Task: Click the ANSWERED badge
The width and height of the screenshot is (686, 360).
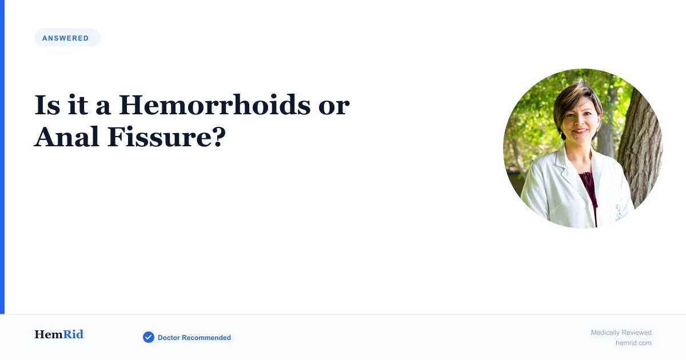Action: [x=67, y=38]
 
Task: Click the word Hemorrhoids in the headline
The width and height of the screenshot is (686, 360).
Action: [x=214, y=105]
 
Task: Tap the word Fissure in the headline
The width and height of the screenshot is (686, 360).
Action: [x=159, y=137]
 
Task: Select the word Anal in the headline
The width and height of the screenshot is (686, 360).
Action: [x=67, y=137]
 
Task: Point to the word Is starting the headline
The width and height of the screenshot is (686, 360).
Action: [x=47, y=105]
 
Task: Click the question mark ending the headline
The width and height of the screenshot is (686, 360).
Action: [x=220, y=137]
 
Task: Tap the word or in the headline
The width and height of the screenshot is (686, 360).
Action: [x=334, y=107]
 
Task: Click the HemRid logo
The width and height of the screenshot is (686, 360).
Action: [x=59, y=334]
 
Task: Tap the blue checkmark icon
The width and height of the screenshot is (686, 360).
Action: [x=149, y=337]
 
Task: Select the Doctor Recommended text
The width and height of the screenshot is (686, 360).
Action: [x=194, y=338]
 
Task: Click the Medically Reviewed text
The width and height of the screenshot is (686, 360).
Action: [x=621, y=333]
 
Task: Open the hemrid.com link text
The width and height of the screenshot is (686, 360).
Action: [x=633, y=343]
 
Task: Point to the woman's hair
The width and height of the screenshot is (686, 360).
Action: [x=576, y=98]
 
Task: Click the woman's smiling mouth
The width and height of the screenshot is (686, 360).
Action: [x=580, y=131]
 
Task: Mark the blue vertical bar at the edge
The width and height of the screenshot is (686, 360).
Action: [x=2, y=157]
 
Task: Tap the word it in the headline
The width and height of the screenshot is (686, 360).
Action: [x=78, y=105]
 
